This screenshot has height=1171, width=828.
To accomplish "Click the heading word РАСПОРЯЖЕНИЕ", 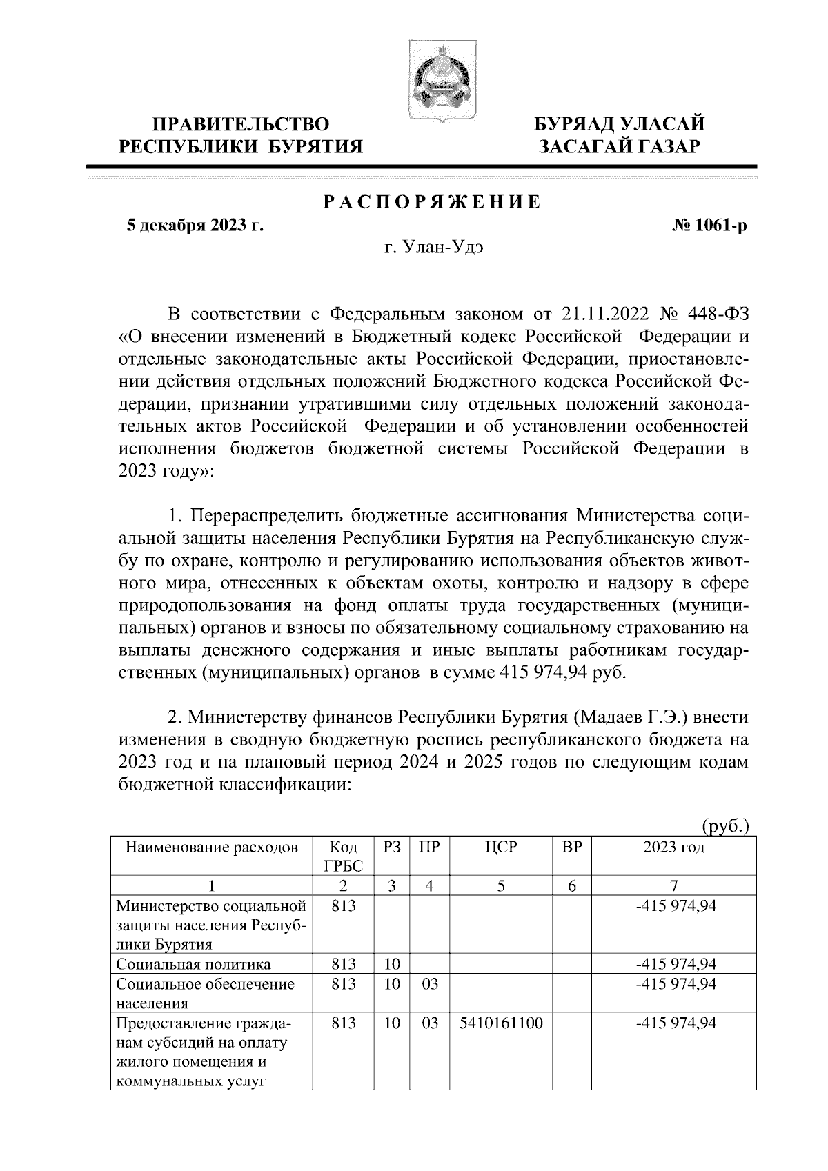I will [x=431, y=202].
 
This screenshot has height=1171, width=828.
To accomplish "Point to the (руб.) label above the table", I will [x=725, y=825].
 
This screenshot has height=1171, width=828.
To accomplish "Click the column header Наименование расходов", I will [x=212, y=848].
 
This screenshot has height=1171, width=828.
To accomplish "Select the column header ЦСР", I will [x=501, y=848].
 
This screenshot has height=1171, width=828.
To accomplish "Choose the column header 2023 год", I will [x=673, y=848].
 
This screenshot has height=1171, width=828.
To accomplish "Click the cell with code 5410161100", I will [x=501, y=1024].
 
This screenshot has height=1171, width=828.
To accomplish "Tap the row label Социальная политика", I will [x=194, y=964].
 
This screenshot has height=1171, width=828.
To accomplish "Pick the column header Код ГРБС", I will [x=343, y=857].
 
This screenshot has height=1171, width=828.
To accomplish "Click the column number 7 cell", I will [x=673, y=886].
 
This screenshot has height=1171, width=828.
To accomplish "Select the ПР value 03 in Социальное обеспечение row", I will [x=429, y=984].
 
